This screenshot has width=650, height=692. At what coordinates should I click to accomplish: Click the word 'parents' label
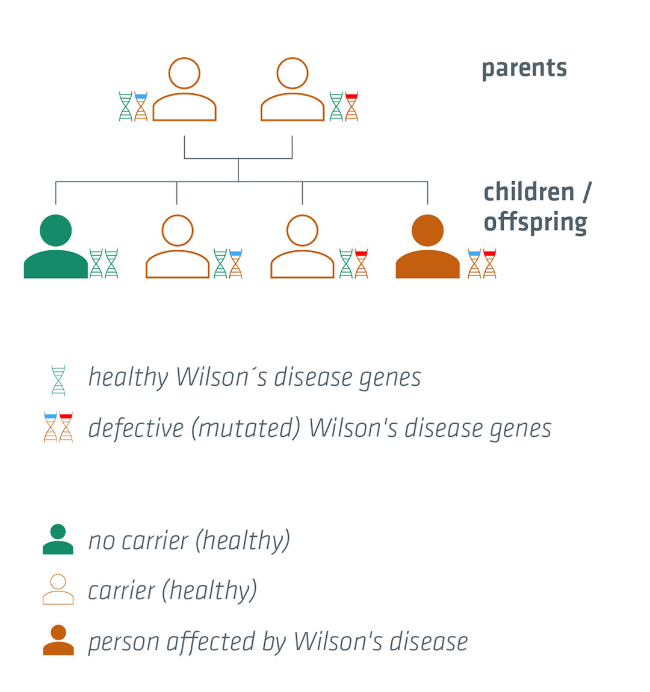[x=524, y=69]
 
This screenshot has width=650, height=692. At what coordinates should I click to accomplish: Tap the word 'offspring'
[x=535, y=223]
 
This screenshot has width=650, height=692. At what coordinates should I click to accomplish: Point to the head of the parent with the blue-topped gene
[x=184, y=73]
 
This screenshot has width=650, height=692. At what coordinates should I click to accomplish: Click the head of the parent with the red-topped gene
[x=292, y=73]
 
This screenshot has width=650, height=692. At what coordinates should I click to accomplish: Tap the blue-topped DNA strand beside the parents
[x=141, y=107]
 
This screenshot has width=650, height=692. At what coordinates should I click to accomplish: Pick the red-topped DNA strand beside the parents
[x=351, y=107]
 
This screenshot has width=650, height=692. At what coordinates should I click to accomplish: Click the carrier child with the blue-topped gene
[x=178, y=246]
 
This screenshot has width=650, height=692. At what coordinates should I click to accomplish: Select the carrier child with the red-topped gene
[x=302, y=246]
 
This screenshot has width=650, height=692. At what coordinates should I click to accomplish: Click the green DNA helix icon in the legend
[x=58, y=380]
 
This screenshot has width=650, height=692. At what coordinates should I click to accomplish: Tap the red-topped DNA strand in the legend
[x=66, y=427]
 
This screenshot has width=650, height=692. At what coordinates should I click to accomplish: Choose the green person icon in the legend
[x=58, y=539]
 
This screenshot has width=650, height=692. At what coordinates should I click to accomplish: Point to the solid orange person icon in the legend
[x=58, y=640]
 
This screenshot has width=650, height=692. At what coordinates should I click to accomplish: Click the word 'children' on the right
[x=529, y=193]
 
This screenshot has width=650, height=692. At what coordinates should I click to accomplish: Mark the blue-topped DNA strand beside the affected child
[x=474, y=264]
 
